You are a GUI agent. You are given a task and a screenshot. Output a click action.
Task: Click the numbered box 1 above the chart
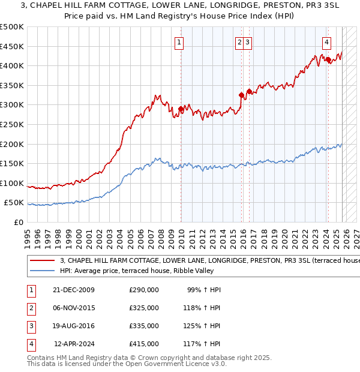pyautogui.click(x=180, y=42)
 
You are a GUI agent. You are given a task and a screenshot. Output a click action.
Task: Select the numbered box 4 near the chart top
pyautogui.click(x=326, y=42)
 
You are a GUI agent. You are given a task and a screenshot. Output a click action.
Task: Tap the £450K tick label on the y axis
pyautogui.click(x=12, y=46)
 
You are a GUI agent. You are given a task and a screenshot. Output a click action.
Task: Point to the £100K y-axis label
pyautogui.click(x=12, y=183)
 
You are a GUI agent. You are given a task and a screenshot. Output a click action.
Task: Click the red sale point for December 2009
pyautogui.click(x=181, y=109)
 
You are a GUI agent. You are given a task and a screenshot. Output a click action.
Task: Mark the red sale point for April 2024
pyautogui.click(x=328, y=59)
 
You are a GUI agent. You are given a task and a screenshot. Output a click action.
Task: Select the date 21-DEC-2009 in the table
pyautogui.click(x=74, y=290)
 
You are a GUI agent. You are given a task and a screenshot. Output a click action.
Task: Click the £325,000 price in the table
pyautogui.click(x=144, y=308)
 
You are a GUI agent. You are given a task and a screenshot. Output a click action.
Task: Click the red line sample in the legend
pyautogui.click(x=42, y=261)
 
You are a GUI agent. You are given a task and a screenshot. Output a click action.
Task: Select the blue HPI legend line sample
pyautogui.click(x=42, y=272)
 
